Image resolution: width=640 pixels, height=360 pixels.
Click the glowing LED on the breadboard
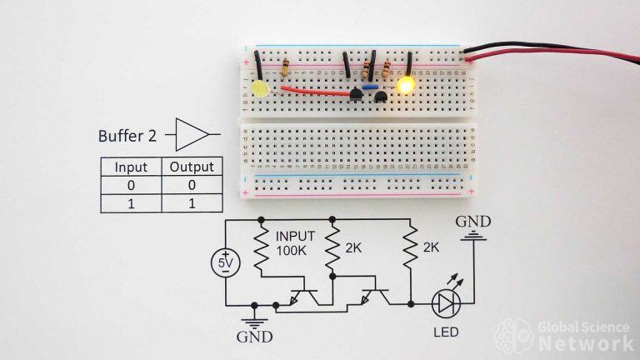coord(407,85)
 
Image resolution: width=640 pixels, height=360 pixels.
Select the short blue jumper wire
coord(372,86)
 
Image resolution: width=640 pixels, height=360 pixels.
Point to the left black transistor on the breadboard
coord(357,97)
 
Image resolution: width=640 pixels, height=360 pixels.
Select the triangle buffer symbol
coord(194,133)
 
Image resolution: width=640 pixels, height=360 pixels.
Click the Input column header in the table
coord(130,167)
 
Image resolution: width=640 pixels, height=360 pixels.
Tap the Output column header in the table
coord(192,167)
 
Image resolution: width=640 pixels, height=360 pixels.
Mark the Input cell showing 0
coord(130,185)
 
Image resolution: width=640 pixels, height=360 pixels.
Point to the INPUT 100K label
coord(295,244)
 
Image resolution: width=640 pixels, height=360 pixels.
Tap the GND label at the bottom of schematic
coord(253,338)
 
